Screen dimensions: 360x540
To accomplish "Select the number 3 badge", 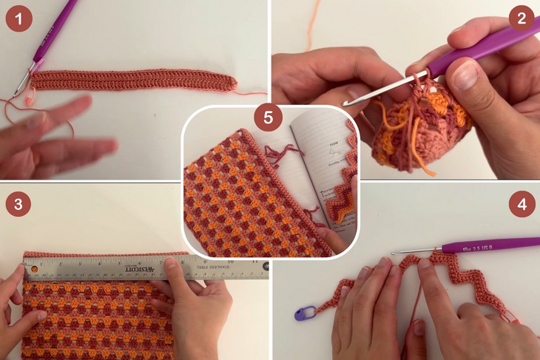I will [18, 203].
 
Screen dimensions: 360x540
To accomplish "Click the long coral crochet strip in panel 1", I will [133, 80].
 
